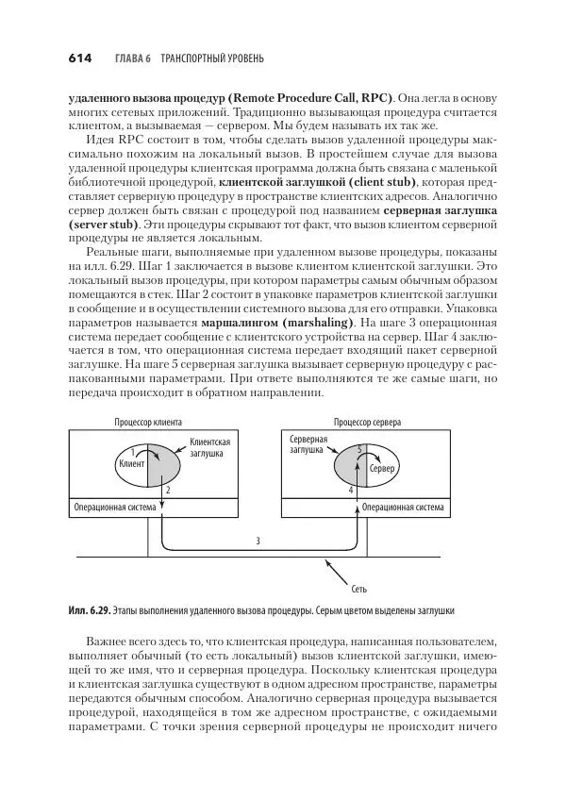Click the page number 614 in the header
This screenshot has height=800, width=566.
click(79, 58)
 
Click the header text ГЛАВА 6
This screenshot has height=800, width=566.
click(133, 58)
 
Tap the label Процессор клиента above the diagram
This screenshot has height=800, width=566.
click(148, 424)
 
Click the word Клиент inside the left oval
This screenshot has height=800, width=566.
click(130, 464)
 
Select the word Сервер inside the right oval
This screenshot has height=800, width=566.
click(381, 469)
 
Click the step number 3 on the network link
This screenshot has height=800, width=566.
click(258, 541)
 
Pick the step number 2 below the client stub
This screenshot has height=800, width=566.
click(168, 492)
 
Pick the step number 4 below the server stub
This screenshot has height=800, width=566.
click(350, 492)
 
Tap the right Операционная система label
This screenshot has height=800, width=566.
click(403, 507)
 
